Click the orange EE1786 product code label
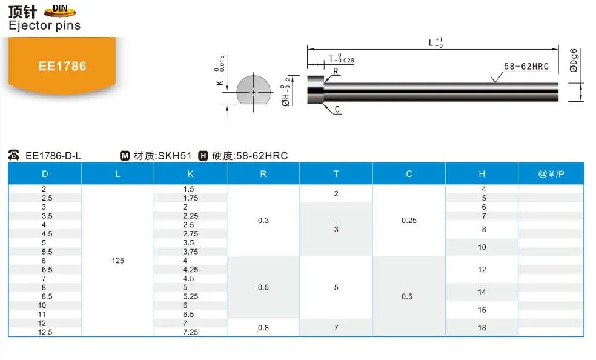62,66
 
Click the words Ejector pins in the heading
44,25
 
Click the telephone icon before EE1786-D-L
15,156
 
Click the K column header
191,174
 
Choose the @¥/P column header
551,174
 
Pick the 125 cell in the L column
118,261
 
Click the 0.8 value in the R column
263,328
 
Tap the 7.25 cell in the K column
190,332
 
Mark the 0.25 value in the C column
409,221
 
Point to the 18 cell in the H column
482,328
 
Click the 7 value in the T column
336,328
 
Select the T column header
336,174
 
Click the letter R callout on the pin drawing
335,72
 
